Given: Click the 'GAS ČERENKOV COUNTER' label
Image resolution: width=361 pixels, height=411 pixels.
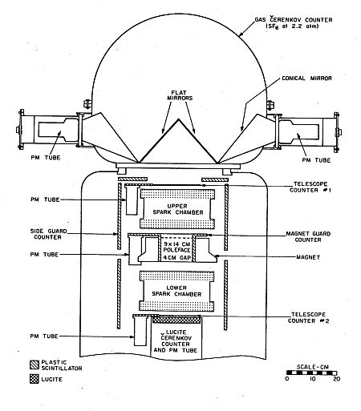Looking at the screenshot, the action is click(x=294, y=20).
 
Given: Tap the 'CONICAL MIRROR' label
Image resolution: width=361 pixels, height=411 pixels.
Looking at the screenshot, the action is click(x=307, y=79).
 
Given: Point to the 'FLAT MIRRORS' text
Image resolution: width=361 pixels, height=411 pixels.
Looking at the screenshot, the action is click(x=180, y=95).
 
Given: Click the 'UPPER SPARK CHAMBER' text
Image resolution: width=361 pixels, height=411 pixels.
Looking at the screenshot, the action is click(x=177, y=209).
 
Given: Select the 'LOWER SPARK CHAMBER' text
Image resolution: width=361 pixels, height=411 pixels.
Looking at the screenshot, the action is click(x=176, y=291).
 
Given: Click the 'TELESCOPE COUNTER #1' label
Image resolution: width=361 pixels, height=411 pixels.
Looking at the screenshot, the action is click(x=310, y=187).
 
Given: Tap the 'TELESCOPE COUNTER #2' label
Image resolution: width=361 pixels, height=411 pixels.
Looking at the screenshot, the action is click(x=308, y=317).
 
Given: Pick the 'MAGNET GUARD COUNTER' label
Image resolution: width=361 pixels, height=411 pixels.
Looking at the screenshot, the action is click(x=308, y=236).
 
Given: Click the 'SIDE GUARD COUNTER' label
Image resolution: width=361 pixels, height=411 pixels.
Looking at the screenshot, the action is click(x=48, y=234).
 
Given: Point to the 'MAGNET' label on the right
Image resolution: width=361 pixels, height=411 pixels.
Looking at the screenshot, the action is click(x=308, y=257).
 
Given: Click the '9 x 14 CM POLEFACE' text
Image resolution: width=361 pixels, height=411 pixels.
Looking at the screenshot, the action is click(x=176, y=247).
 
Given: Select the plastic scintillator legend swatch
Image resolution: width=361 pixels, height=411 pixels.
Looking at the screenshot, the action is click(x=34, y=365).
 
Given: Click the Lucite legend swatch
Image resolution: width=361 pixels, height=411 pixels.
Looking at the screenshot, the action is click(x=34, y=379).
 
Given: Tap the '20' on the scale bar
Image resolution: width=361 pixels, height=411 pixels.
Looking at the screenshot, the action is click(x=336, y=379).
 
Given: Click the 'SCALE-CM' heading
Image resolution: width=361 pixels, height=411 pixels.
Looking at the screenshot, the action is click(x=313, y=367).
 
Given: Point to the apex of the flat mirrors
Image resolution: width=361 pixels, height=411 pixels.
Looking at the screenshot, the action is click(x=178, y=119).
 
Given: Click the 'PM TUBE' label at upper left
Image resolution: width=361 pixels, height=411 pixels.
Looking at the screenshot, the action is click(x=46, y=158).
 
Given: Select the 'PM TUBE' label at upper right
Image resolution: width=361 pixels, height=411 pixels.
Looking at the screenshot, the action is click(x=316, y=160).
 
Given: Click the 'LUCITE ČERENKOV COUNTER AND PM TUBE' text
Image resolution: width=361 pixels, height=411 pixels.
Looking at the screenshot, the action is click(x=176, y=341).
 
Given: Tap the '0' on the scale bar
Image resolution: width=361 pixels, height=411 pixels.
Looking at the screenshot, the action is click(x=287, y=379).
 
